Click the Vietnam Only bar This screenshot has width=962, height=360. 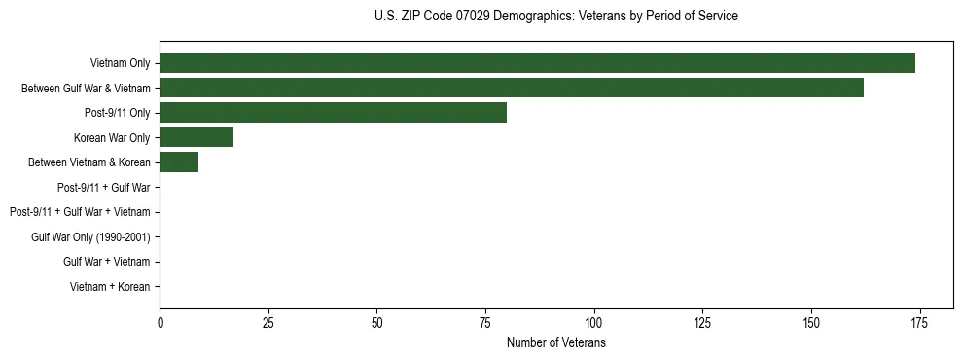click(537, 63)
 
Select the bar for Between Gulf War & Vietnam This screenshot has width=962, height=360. click(512, 88)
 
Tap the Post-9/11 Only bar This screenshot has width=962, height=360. click(333, 113)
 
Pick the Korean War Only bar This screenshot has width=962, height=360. click(196, 137)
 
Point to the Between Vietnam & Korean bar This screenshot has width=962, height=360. click(179, 162)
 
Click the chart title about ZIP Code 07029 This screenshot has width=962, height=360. click(555, 17)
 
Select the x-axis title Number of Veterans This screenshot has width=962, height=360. click(555, 343)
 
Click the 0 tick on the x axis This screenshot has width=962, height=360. click(160, 323)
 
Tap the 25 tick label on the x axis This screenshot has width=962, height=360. click(268, 323)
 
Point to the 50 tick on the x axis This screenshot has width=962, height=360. click(376, 323)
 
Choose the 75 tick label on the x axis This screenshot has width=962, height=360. click(485, 323)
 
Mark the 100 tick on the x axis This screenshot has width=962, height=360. click(593, 323)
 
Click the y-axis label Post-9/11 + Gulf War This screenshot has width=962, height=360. click(104, 187)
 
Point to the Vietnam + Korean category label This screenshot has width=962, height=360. click(110, 287)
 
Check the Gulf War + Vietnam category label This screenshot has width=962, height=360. click(107, 262)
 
